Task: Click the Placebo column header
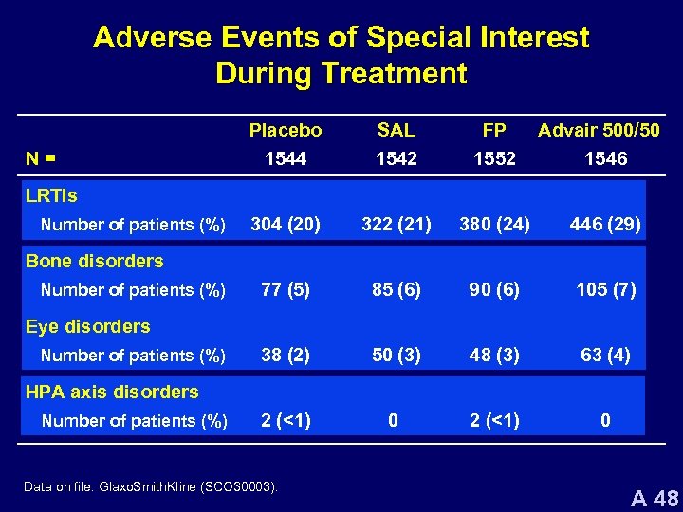[x=286, y=130]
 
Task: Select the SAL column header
[x=396, y=130]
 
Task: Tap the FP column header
[x=493, y=130]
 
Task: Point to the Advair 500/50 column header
[x=599, y=130]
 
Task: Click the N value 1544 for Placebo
[x=286, y=159]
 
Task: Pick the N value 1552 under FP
[x=493, y=159]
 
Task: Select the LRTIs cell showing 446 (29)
[x=605, y=225]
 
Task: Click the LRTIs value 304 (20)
[x=286, y=225]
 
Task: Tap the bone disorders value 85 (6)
[x=397, y=290]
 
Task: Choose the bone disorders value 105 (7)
[x=605, y=290]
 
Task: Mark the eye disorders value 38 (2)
[x=286, y=356]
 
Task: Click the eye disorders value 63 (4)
[x=605, y=356]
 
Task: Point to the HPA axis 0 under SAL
[x=393, y=421]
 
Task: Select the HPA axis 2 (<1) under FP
[x=493, y=421]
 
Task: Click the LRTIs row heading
[x=51, y=196]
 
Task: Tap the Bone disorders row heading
[x=94, y=261]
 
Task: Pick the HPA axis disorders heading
[x=112, y=392]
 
